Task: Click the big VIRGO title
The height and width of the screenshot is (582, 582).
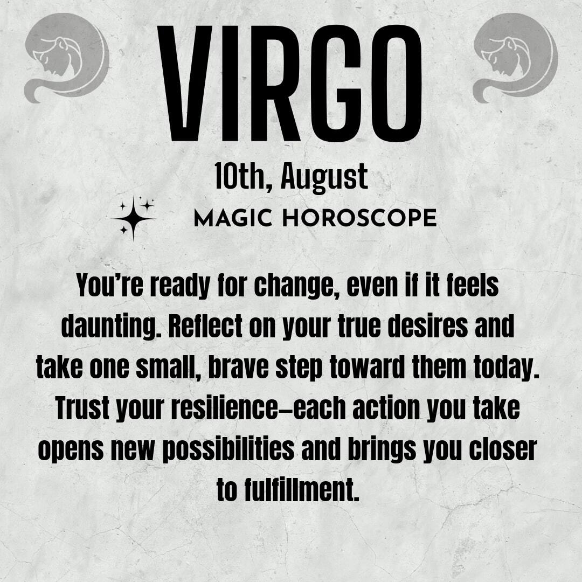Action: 290,84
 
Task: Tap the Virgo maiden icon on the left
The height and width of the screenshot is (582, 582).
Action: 67,58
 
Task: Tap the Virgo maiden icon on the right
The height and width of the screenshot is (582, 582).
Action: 516,58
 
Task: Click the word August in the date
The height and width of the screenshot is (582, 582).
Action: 324,178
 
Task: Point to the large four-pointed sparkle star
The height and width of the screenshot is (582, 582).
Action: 133,218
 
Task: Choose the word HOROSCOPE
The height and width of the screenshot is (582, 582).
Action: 359,218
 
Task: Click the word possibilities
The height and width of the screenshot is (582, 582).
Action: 228,450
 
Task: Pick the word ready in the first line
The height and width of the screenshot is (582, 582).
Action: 179,286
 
